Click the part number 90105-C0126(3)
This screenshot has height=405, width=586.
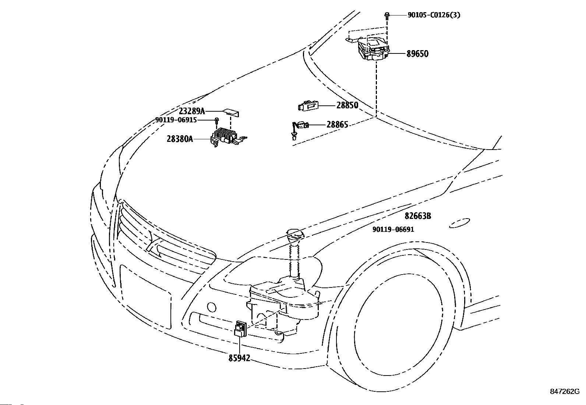click(434, 15)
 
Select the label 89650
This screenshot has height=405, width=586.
click(417, 54)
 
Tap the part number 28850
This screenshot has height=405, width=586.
click(347, 105)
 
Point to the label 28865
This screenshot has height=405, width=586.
click(337, 125)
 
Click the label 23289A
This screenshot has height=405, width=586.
click(192, 111)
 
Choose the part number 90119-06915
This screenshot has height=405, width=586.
click(176, 120)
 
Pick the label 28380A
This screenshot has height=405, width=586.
click(180, 139)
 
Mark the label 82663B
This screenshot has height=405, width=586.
click(418, 216)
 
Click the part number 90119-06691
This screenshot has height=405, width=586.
click(393, 230)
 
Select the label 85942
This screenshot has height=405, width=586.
click(239, 358)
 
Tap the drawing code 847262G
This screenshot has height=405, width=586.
click(565, 391)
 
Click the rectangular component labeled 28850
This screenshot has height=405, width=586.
click(308, 105)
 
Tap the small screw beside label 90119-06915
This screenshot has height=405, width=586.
click(216, 121)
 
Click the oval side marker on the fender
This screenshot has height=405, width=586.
click(460, 223)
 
